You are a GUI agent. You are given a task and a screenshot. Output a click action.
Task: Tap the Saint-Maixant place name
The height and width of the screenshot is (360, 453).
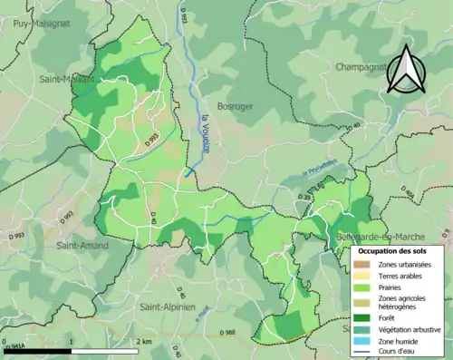tap(66, 79)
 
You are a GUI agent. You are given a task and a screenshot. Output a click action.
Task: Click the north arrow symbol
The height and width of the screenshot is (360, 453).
tap(404, 73)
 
